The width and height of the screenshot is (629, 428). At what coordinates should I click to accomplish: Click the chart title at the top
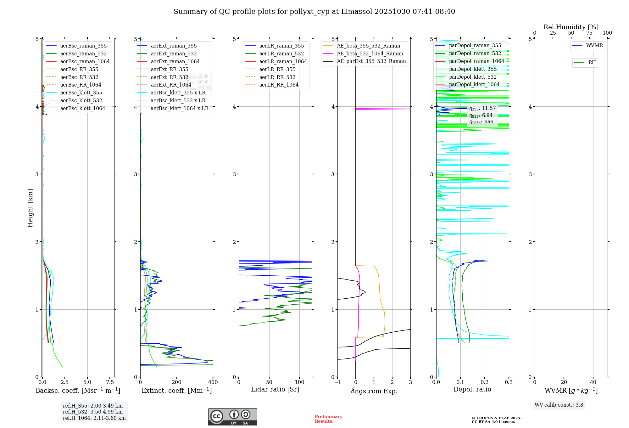(x=314, y=12)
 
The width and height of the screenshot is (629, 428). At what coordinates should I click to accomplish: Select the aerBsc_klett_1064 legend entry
(x=83, y=108)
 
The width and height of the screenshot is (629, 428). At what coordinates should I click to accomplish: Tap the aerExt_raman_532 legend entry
(x=174, y=53)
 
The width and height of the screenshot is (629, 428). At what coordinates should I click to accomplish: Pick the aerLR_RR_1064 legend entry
(x=279, y=85)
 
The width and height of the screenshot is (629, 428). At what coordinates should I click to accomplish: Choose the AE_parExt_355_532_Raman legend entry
(x=371, y=61)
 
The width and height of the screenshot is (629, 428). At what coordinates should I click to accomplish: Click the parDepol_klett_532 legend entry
(x=473, y=77)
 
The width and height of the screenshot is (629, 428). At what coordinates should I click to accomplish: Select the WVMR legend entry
(x=594, y=46)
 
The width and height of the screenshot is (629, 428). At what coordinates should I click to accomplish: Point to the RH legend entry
(x=592, y=63)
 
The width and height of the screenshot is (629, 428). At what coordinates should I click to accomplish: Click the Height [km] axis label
(x=30, y=208)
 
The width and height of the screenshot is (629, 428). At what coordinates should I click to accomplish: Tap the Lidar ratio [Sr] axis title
(x=275, y=389)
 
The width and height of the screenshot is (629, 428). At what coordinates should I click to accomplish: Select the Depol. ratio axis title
(x=472, y=389)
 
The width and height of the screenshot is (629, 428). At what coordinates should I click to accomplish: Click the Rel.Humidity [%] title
(x=571, y=27)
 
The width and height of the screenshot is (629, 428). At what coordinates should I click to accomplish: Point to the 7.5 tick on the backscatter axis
(x=110, y=382)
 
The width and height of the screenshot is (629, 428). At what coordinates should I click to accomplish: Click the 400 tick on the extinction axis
(x=213, y=382)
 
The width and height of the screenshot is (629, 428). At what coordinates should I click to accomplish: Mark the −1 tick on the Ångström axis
(x=337, y=382)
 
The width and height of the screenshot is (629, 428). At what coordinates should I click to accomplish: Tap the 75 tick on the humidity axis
(x=589, y=33)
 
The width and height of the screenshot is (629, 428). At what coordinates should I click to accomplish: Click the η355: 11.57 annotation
(x=482, y=108)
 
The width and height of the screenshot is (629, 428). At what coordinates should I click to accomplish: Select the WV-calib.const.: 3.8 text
(x=559, y=405)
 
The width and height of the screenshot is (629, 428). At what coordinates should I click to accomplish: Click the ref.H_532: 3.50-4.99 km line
(x=93, y=412)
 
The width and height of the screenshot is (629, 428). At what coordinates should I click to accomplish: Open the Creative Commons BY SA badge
(x=232, y=417)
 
